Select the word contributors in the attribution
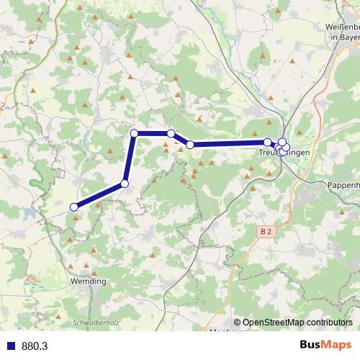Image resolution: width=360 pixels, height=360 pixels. pyautogui.click(x=328, y=323)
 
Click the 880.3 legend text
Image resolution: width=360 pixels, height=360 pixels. pyautogui.click(x=35, y=346)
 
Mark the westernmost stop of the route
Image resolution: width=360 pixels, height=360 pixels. pyautogui.click(x=73, y=207)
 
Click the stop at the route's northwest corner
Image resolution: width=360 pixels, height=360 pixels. pyautogui.click(x=134, y=133)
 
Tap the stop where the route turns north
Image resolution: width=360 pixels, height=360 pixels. pyautogui.click(x=125, y=184)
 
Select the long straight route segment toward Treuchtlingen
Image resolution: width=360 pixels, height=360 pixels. pyautogui.click(x=229, y=143)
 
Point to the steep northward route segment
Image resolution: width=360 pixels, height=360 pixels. pyautogui.click(x=130, y=158)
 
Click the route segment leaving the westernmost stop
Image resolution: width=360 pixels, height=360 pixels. pyautogui.click(x=99, y=196)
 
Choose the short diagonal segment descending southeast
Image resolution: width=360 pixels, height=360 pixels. pyautogui.click(x=181, y=139)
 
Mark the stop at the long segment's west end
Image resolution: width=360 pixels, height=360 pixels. pyautogui.click(x=190, y=145)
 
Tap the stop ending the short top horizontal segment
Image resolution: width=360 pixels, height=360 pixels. pyautogui.click(x=171, y=133)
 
